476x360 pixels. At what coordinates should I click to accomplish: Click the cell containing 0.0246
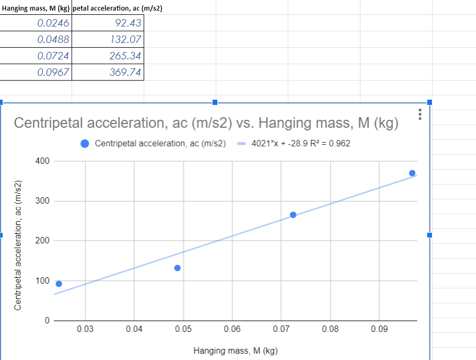pos(36,23)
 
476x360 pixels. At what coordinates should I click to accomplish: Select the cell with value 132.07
pos(108,40)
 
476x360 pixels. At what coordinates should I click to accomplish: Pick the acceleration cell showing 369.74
pos(108,73)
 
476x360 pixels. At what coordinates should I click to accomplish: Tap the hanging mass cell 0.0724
pos(36,56)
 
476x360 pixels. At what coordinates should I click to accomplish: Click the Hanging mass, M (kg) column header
pos(36,6)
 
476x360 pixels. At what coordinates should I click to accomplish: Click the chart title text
pos(206,123)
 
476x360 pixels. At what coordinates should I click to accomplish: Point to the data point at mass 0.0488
pos(178,268)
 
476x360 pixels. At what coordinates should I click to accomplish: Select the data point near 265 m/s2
pos(293,215)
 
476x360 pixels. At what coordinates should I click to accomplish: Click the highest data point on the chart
pos(412,173)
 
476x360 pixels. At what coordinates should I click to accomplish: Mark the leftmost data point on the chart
pos(59,284)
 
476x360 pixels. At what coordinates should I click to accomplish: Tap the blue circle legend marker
pos(85,144)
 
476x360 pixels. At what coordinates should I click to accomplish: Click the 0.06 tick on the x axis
pos(232,330)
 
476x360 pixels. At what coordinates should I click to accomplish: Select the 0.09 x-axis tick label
pos(379,330)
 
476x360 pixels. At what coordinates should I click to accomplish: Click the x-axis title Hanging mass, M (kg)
pos(235,350)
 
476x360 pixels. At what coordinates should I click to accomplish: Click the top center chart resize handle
pos(215,102)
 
